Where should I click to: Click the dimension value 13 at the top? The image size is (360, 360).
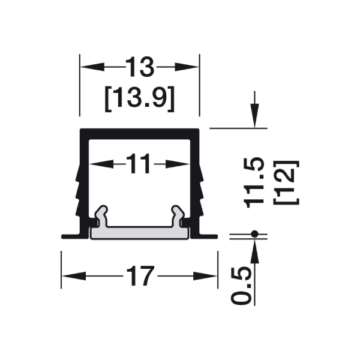pyautogui.click(x=140, y=67)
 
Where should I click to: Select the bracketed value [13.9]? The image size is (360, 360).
pyautogui.click(x=140, y=99)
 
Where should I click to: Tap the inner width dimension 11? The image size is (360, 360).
pyautogui.click(x=139, y=164)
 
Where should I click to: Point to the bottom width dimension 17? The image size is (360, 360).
pyautogui.click(x=140, y=276)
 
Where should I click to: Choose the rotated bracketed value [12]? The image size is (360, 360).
pyautogui.click(x=286, y=182)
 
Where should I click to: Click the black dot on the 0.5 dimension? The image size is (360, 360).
pyautogui.click(x=254, y=234)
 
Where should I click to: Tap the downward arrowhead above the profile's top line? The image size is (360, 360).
pyautogui.click(x=254, y=116)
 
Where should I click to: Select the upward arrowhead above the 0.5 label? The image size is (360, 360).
pyautogui.click(x=254, y=251)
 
